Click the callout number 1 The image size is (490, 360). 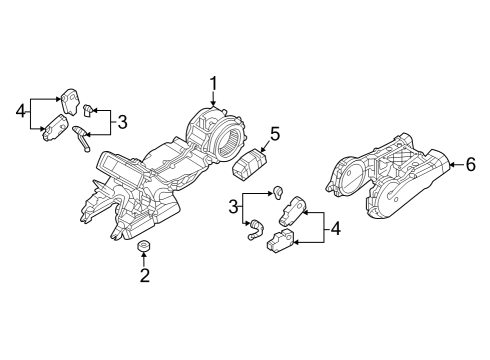(213, 84)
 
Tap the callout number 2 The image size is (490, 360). (145, 276)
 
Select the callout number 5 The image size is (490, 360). (275, 134)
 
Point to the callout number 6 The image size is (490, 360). (470, 165)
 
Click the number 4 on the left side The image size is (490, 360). (21, 111)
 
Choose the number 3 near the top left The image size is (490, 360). (122, 122)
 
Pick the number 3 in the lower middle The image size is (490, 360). (233, 207)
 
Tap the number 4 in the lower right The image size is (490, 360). (335, 229)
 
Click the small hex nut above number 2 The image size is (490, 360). (144, 246)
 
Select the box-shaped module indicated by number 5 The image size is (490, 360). (250, 162)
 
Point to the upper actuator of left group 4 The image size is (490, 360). (70, 100)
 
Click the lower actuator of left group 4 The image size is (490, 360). (55, 128)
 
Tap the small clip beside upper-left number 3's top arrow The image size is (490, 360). (87, 110)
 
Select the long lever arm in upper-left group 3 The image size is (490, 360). (81, 138)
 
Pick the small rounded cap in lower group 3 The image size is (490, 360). (278, 192)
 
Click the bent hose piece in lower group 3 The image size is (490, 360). (255, 229)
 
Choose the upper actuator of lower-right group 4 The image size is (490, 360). (292, 211)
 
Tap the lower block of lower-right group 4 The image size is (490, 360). (280, 240)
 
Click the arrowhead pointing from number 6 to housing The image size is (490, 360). (452, 165)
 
